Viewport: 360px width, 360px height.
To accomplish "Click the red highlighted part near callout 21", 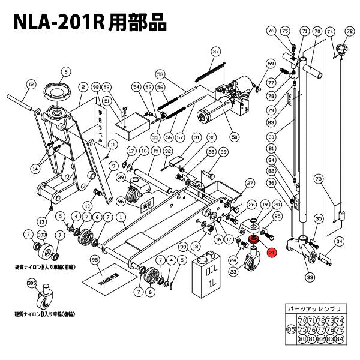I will [x=253, y=241].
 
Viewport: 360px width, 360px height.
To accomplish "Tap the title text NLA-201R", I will [x=58, y=22].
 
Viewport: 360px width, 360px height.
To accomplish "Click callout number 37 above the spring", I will [x=217, y=52].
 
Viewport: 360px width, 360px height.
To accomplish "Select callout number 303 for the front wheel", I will [x=41, y=235].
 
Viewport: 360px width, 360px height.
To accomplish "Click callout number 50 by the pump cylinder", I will [x=234, y=137].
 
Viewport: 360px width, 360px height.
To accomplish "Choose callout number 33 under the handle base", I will [x=310, y=277].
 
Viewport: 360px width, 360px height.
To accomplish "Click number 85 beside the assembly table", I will [x=290, y=329].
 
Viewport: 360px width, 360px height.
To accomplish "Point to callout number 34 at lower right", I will [x=339, y=242].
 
